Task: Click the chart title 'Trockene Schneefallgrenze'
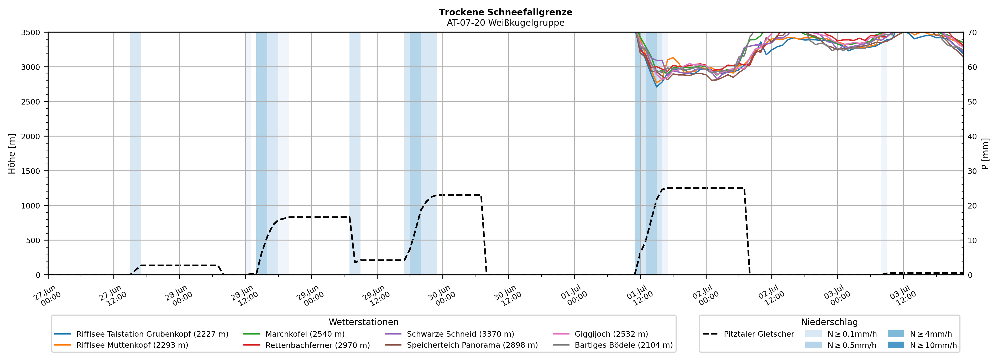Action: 506,12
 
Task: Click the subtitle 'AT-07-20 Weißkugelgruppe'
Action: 506,23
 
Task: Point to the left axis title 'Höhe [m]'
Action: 12,153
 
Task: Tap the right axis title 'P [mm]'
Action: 985,153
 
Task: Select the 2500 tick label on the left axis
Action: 31,102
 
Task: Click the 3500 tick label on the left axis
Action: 31,33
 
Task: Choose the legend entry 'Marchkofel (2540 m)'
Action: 294,334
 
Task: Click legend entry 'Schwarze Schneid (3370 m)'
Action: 450,334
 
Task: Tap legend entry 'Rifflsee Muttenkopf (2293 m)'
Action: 121,345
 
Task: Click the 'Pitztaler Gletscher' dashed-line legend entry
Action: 748,334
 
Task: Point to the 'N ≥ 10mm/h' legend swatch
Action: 896,345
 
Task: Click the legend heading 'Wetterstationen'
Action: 363,322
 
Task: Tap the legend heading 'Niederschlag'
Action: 829,322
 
